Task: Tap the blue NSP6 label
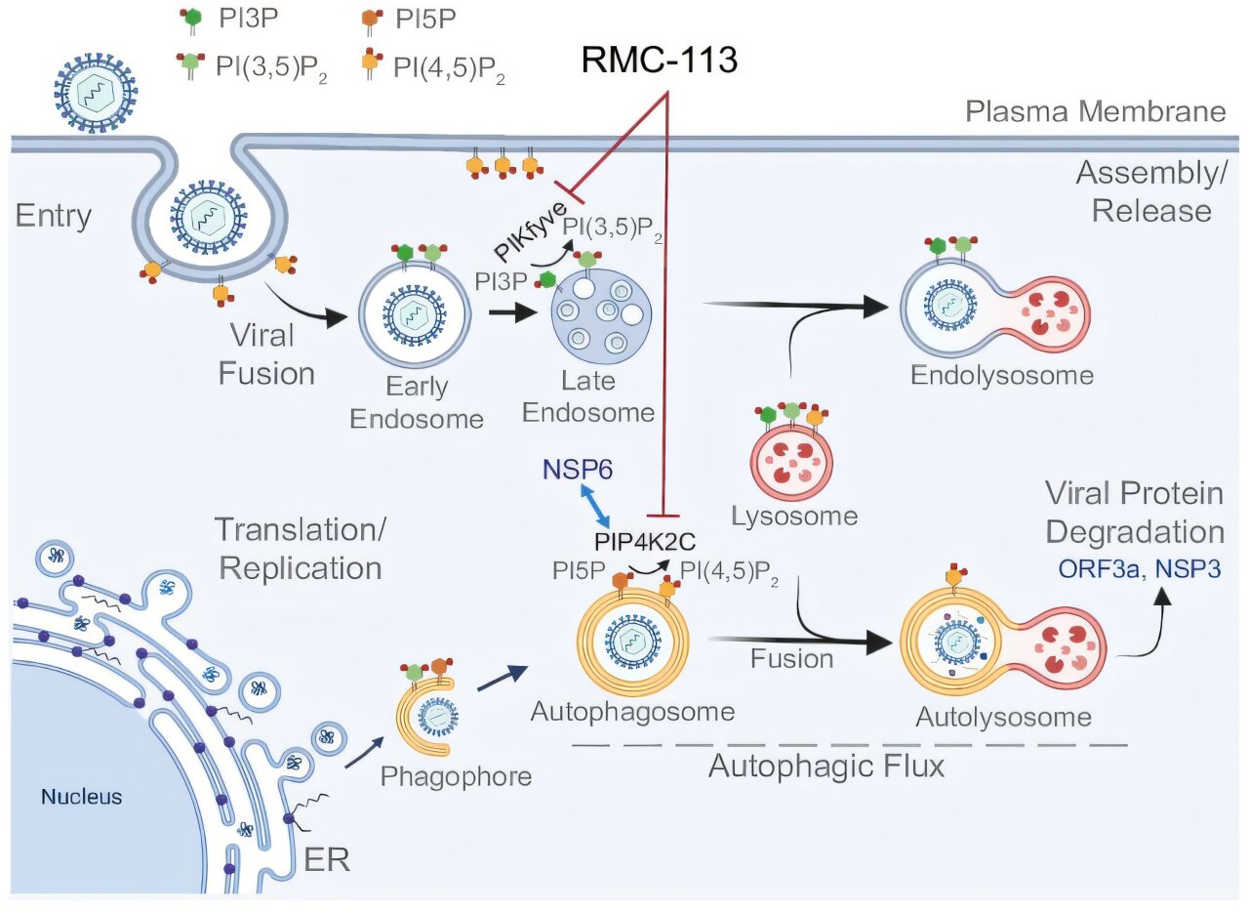click(x=577, y=470)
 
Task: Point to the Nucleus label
click(x=81, y=797)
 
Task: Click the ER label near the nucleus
click(x=325, y=859)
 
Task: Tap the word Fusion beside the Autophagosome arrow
click(x=791, y=658)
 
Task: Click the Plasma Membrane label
click(x=1095, y=111)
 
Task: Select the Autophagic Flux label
click(x=826, y=766)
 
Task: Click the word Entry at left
click(x=54, y=215)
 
